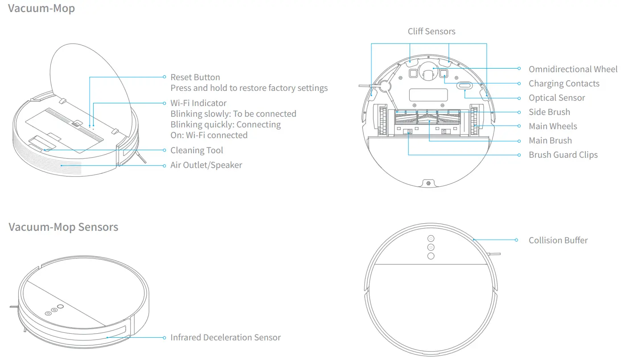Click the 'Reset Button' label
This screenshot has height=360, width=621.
(x=195, y=77)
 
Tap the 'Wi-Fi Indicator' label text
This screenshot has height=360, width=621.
(x=198, y=103)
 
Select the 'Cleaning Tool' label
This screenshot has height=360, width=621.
(x=197, y=151)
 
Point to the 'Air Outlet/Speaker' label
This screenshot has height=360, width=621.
(x=206, y=165)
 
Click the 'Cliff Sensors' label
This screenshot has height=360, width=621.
(x=431, y=31)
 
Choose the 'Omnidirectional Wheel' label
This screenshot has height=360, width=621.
(x=573, y=69)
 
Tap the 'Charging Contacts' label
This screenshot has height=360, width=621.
(x=563, y=83)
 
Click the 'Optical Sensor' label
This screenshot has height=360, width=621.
(x=556, y=98)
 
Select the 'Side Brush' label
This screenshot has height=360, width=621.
(x=549, y=112)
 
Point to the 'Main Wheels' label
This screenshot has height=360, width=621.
(x=552, y=126)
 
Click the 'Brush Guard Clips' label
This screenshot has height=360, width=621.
(x=563, y=155)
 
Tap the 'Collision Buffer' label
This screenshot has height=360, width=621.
(x=558, y=240)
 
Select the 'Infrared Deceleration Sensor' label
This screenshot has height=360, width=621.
(x=225, y=337)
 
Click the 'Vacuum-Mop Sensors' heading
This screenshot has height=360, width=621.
(x=63, y=227)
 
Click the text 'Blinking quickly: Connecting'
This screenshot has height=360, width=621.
(x=225, y=124)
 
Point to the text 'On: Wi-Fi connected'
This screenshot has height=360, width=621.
(x=209, y=135)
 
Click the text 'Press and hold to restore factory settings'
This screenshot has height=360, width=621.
(x=249, y=88)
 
